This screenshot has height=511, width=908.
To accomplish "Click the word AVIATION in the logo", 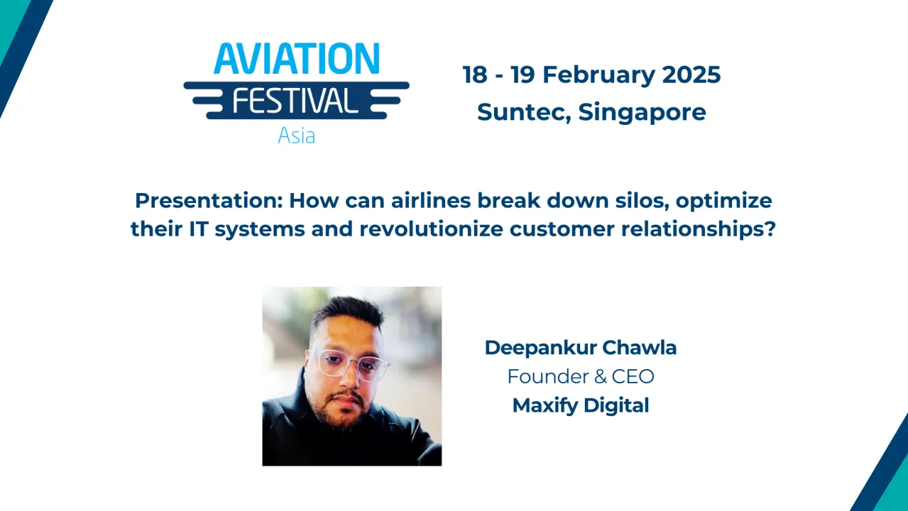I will pos(296,60).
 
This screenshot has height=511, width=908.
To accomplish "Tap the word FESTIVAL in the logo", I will pos(296,100).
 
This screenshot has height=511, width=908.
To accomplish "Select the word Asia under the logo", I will pos(296,135).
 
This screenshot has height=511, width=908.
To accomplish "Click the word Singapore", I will pos(642,111).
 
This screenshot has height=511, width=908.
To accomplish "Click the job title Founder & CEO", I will pos(581,376).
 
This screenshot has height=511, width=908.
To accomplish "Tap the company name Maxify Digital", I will pos(581,405).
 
